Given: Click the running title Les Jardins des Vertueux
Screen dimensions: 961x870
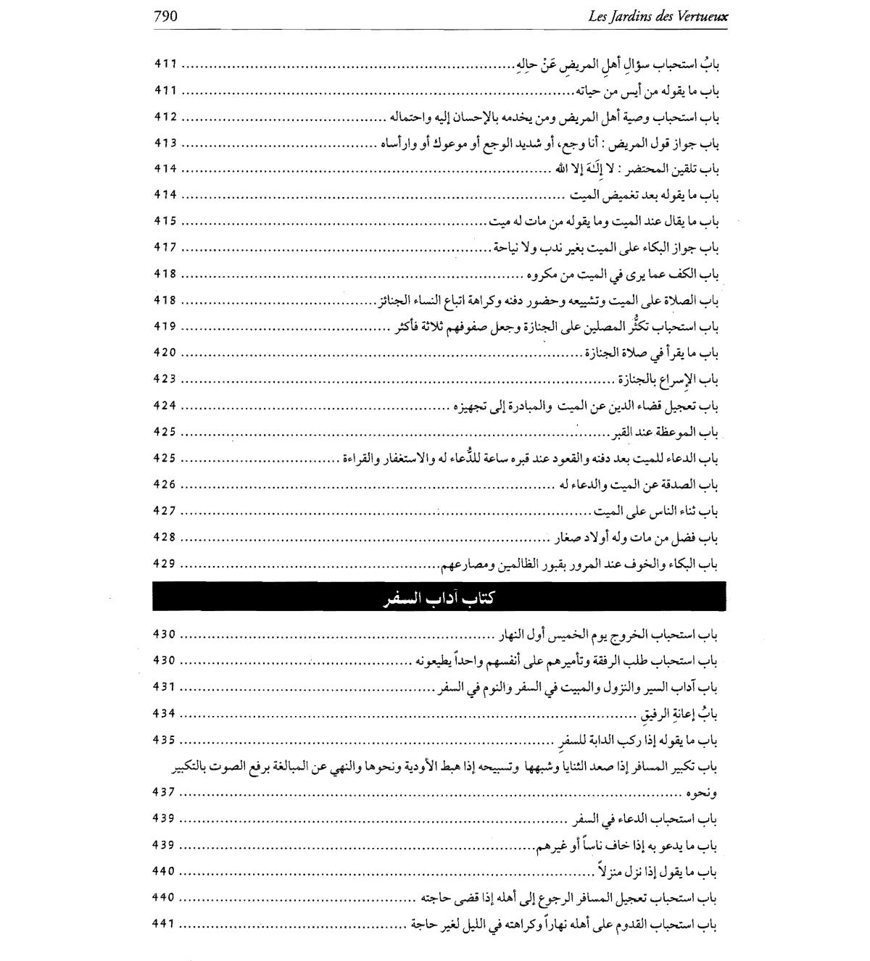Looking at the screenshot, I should click(658, 16).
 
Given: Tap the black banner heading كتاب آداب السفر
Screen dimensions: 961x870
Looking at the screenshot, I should click(439, 597).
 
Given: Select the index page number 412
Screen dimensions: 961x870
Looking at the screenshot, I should click(165, 117).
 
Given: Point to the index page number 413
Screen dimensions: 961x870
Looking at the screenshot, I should click(165, 143).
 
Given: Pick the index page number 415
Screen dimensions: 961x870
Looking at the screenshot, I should click(165, 221).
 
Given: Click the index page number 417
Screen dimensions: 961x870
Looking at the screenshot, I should click(165, 247).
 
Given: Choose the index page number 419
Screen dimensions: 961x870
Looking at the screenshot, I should click(165, 326).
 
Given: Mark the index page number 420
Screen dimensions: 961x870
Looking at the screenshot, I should click(165, 353).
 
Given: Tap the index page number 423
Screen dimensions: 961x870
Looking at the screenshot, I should click(165, 379).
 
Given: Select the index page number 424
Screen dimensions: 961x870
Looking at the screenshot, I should click(165, 405).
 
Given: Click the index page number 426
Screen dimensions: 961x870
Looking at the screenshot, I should click(165, 484).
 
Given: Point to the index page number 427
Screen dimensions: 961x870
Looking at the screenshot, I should click(165, 511).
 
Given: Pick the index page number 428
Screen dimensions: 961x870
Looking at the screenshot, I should click(165, 537).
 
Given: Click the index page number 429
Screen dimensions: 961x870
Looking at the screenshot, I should click(165, 563).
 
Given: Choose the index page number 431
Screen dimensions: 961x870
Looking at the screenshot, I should click(165, 687).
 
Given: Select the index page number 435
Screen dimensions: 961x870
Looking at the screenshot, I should click(165, 740).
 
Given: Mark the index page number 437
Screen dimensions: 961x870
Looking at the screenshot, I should click(165, 791).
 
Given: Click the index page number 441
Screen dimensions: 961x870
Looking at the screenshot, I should click(165, 923).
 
